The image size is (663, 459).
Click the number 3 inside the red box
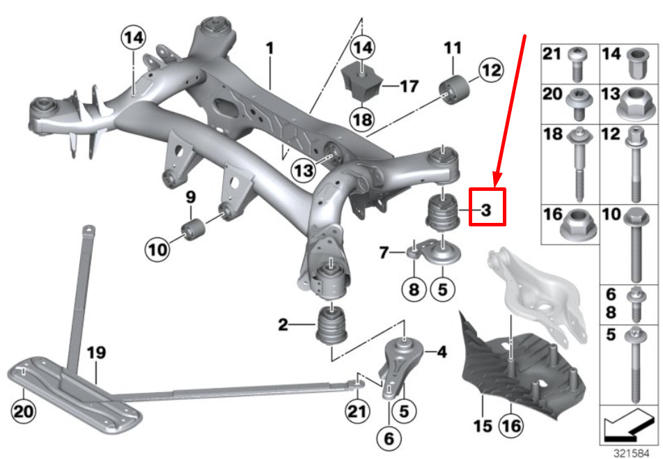tap(486, 209)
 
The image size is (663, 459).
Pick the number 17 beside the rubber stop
tap(409, 86)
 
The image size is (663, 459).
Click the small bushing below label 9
tap(192, 228)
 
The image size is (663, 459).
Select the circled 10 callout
tap(157, 247)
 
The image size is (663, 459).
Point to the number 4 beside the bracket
tap(441, 353)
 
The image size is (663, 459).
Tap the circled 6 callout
tap(388, 439)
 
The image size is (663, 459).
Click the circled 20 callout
tap(23, 412)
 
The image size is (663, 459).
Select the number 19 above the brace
tap(95, 352)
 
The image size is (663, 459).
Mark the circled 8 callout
tap(414, 288)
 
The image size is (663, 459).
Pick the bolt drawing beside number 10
tap(634, 241)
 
